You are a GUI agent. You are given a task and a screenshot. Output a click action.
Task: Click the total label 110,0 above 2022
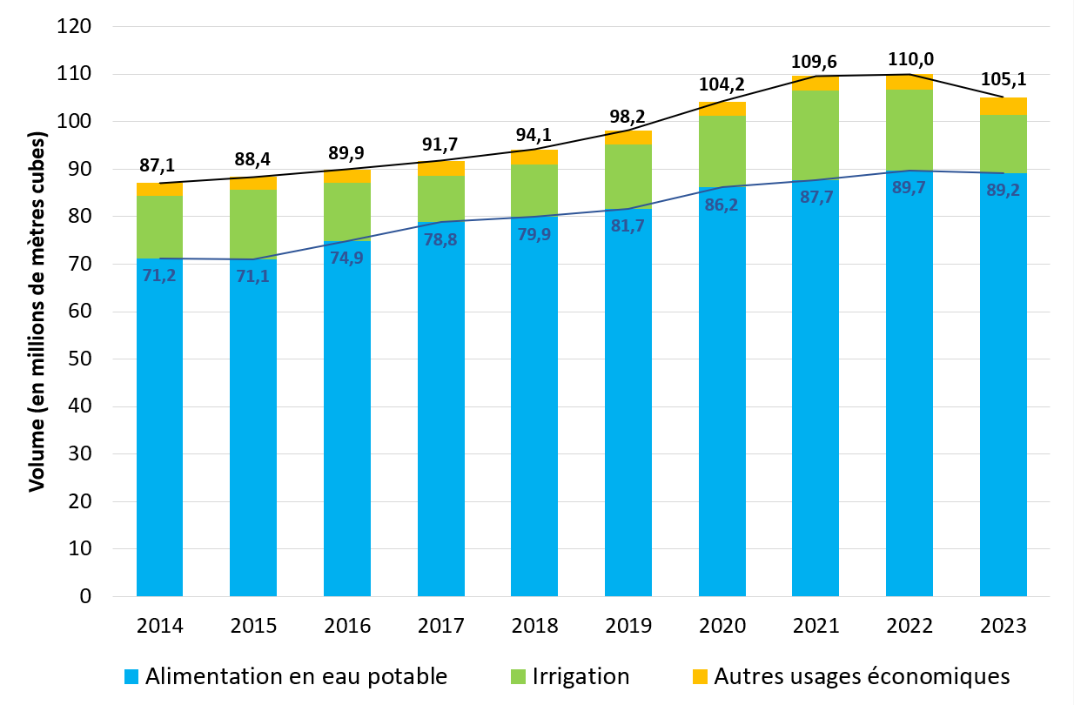coord(910,60)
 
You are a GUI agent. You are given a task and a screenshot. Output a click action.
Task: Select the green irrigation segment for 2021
coord(816,135)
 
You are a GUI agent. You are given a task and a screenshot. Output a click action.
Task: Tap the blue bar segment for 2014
coord(159,435)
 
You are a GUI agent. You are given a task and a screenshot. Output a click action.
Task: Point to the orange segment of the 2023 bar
coord(1003,105)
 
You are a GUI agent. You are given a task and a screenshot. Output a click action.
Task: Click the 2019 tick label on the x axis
coord(628,626)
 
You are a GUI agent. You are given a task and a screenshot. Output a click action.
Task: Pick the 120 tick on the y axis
coord(73,27)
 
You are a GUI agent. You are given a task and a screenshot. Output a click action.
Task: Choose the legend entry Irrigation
coord(581,676)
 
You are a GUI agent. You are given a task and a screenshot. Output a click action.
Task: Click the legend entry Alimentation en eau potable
coord(296,676)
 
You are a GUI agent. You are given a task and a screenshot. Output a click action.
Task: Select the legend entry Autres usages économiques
coord(862,676)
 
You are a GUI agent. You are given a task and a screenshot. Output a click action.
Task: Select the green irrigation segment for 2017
coord(440,198)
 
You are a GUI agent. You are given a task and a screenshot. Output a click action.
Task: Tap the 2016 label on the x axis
coord(347,626)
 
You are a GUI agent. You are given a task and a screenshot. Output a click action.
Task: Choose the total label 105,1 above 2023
coord(1004,80)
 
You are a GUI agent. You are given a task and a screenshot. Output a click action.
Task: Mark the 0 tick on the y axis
coord(84,597)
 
